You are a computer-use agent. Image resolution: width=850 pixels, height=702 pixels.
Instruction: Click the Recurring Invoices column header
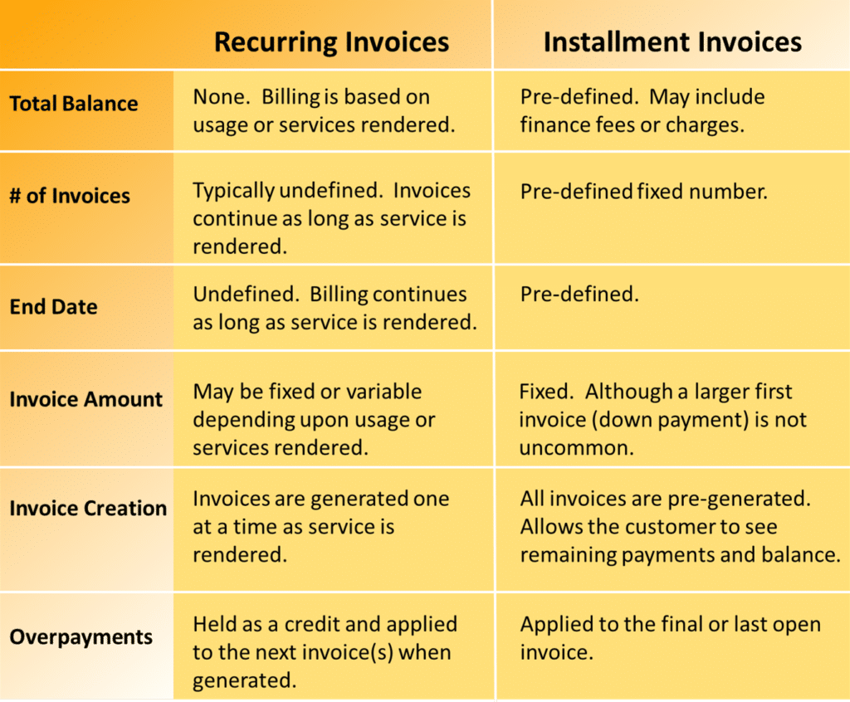click(331, 42)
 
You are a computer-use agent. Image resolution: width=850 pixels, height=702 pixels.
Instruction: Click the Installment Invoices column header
click(672, 42)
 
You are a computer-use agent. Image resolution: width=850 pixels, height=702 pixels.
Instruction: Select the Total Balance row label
click(74, 104)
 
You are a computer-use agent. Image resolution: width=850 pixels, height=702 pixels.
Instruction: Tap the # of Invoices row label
click(70, 196)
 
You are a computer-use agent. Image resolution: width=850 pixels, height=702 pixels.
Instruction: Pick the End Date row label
click(54, 307)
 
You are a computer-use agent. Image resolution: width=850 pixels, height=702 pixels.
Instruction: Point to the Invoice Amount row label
click(86, 399)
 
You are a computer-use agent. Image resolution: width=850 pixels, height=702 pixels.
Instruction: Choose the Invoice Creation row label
click(88, 509)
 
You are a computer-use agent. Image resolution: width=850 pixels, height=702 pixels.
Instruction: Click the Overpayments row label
click(81, 637)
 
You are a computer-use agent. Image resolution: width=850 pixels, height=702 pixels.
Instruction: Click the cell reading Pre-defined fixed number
click(644, 192)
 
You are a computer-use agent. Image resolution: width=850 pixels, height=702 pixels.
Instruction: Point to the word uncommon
click(576, 448)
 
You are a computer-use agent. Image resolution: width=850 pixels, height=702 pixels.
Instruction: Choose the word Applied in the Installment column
click(556, 625)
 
